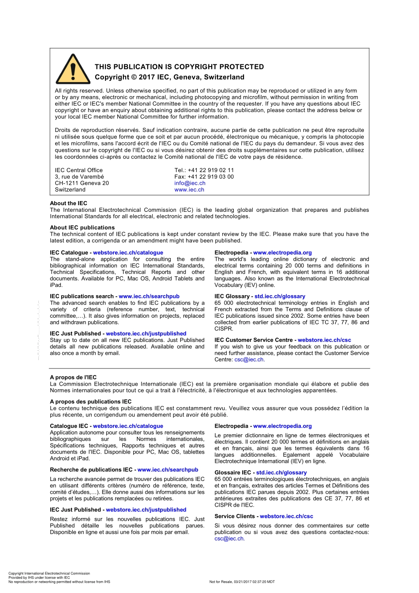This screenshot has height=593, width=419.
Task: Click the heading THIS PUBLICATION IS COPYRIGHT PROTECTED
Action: coord(179,67)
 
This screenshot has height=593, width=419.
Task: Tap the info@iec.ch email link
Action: coord(190,183)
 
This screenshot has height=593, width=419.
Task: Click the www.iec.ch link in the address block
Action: coord(189,190)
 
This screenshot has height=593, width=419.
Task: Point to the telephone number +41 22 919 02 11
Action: coord(211,170)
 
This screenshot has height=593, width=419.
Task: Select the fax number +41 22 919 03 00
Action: coord(211,177)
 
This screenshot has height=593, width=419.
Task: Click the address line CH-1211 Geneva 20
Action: coord(82,183)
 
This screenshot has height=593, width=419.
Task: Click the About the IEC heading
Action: coord(68,203)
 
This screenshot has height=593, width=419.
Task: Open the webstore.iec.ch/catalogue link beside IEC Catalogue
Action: coord(128,253)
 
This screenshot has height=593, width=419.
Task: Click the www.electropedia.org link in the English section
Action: coord(282,253)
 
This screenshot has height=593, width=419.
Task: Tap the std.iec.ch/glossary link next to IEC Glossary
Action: coord(280,296)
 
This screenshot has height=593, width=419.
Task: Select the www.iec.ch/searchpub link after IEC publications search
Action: coord(149,296)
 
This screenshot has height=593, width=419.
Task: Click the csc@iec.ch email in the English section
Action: coord(249,360)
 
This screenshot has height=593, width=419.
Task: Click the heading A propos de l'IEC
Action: coord(73,377)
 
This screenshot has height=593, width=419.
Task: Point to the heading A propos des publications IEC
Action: coord(90,402)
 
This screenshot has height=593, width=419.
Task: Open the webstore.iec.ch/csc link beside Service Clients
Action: coord(286,516)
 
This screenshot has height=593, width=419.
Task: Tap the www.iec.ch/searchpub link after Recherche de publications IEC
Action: coord(168,470)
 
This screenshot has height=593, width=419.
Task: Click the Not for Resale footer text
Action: coord(242,582)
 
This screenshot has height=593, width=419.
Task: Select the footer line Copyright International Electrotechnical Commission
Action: coord(49,574)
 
